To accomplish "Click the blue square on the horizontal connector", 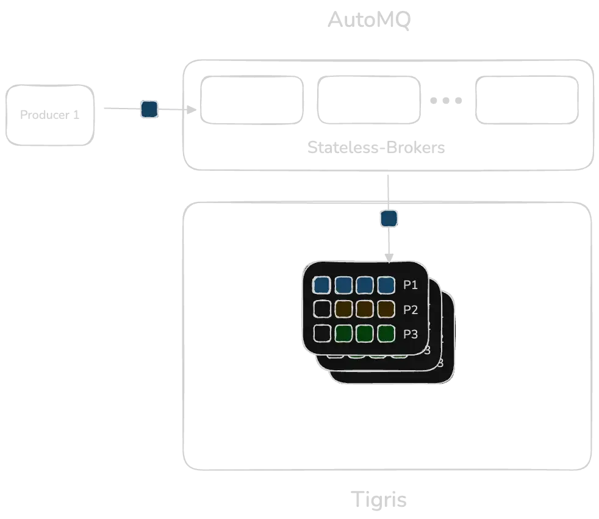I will click(x=149, y=110).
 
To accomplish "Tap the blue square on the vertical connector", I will click(x=389, y=218).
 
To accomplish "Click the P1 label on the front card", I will click(x=411, y=285).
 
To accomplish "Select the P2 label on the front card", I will click(x=411, y=310).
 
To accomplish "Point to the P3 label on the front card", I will click(x=411, y=334).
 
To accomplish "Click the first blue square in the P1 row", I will click(x=322, y=285).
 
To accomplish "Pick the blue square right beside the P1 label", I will click(x=386, y=285).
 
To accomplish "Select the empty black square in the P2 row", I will click(x=322, y=309).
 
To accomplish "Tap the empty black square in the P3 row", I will click(x=322, y=334).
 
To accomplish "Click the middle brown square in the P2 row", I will click(x=364, y=309).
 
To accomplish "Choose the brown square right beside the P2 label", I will click(x=386, y=309).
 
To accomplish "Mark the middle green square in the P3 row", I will click(x=364, y=334).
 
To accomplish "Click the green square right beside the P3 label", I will click(x=386, y=334).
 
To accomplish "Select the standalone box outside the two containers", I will click(x=51, y=115).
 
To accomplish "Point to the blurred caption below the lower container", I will click(x=379, y=499).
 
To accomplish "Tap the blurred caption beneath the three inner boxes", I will click(x=378, y=148).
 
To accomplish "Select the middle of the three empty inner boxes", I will click(x=369, y=99).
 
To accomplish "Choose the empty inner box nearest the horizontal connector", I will click(x=253, y=99).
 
